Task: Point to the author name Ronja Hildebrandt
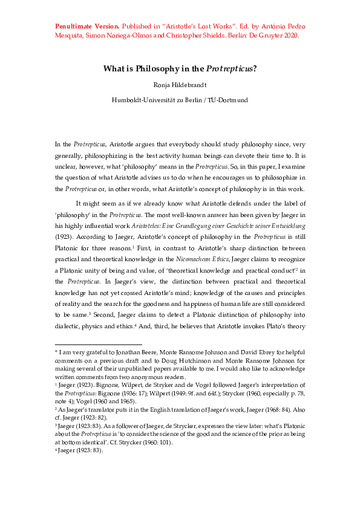pyautogui.click(x=180, y=85)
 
